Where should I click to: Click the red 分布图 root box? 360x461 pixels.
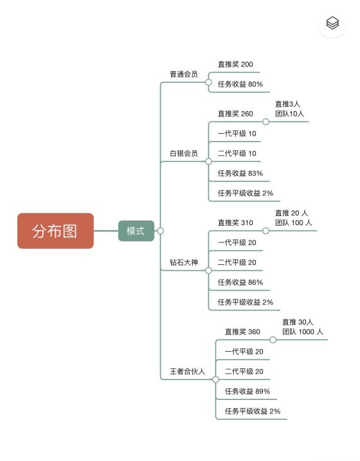pyautogui.click(x=55, y=231)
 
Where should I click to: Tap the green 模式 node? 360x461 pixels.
pyautogui.click(x=136, y=231)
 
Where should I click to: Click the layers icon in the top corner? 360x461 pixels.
pyautogui.click(x=332, y=23)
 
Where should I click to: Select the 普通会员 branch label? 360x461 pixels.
pyautogui.click(x=184, y=74)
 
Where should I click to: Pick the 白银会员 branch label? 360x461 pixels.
pyautogui.click(x=184, y=153)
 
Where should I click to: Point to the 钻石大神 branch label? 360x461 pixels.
pyautogui.click(x=184, y=262)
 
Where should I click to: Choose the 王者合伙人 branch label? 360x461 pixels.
pyautogui.click(x=187, y=372)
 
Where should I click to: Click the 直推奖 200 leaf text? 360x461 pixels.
pyautogui.click(x=235, y=64)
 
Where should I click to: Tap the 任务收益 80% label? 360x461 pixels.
pyautogui.click(x=240, y=84)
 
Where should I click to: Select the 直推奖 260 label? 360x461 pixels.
pyautogui.click(x=235, y=114)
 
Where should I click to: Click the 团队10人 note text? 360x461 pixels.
pyautogui.click(x=289, y=114)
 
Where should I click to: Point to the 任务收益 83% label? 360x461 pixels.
pyautogui.click(x=240, y=173)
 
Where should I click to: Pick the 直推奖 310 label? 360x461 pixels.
pyautogui.click(x=235, y=222)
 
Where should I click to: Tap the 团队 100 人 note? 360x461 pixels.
pyautogui.click(x=293, y=222)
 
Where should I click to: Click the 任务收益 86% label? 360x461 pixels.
pyautogui.click(x=240, y=282)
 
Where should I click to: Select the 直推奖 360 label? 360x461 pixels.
pyautogui.click(x=242, y=332)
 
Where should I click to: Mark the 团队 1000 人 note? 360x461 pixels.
pyautogui.click(x=302, y=332)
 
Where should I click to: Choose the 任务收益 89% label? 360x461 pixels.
pyautogui.click(x=247, y=392)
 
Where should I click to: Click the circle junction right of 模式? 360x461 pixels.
pyautogui.click(x=160, y=231)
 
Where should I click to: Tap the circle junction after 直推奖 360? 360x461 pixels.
pyautogui.click(x=273, y=340)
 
